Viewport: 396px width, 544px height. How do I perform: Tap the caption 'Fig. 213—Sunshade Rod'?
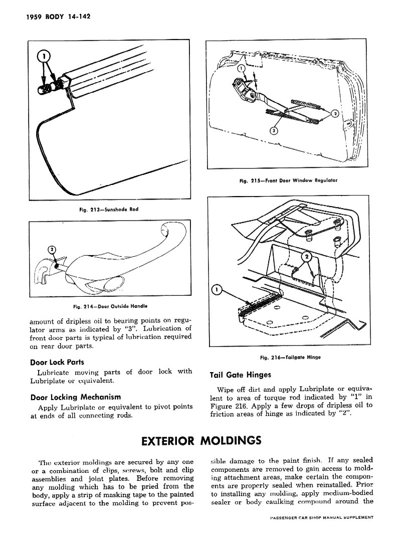tap(108, 210)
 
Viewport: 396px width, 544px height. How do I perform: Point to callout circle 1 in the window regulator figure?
tap(241, 68)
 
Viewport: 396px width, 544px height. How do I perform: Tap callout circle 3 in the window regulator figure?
tap(273, 131)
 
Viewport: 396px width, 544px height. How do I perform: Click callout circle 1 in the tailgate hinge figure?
tap(217, 290)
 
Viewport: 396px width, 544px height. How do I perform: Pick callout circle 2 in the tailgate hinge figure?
tap(308, 257)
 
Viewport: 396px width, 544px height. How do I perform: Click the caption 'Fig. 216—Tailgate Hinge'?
tap(290, 357)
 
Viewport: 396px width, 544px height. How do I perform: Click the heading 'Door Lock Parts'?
tap(57, 362)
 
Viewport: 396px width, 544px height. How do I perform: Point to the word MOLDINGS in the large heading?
tap(231, 441)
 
